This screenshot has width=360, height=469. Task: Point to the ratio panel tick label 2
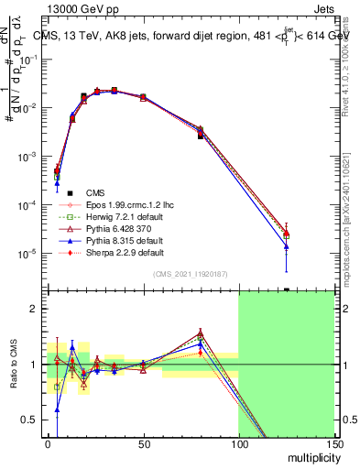34,310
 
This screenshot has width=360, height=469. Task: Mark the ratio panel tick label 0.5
30,420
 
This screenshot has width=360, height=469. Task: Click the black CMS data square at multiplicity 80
201,136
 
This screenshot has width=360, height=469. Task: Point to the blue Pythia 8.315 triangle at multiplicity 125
287,246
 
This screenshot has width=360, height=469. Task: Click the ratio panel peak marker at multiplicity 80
201,333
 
